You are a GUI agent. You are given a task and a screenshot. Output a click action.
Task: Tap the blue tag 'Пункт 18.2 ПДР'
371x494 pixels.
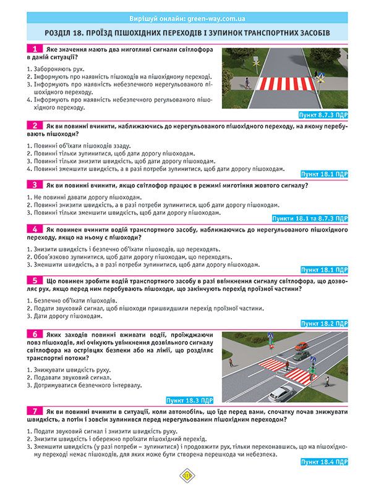pyautogui.click(x=325, y=323)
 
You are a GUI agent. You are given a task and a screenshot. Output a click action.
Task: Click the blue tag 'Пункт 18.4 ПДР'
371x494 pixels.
pyautogui.click(x=325, y=461)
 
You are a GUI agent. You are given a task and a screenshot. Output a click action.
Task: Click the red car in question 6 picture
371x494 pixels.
pyautogui.click(x=301, y=347)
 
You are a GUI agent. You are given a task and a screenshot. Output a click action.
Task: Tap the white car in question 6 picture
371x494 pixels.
pyautogui.click(x=282, y=390)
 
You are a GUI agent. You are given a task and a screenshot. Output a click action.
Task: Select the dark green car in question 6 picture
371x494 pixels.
pyautogui.click(x=301, y=356)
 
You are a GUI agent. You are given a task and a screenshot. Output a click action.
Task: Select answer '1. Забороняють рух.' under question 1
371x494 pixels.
pyautogui.click(x=56, y=69)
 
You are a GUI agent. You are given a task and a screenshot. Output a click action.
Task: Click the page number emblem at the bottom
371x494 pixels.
pyautogui.click(x=185, y=475)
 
